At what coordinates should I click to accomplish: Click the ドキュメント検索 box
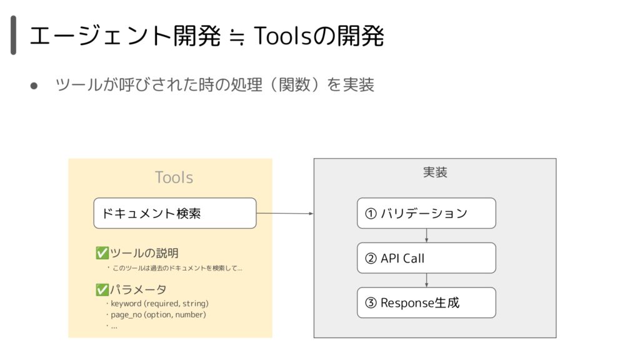(x=175, y=213)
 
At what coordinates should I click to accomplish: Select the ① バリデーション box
(x=426, y=213)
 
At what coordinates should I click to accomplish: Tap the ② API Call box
(x=426, y=258)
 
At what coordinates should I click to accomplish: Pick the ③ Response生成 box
(x=426, y=302)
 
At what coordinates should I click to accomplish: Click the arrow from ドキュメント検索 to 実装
(x=285, y=214)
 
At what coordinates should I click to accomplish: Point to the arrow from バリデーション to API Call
(x=426, y=236)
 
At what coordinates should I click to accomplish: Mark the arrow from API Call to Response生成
(x=426, y=281)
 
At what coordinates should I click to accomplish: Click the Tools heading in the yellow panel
(x=174, y=177)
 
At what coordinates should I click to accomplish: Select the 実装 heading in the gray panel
(x=435, y=172)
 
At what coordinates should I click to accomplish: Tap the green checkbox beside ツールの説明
(x=102, y=253)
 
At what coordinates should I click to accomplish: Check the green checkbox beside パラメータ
(x=102, y=289)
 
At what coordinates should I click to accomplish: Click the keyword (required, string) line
(x=159, y=304)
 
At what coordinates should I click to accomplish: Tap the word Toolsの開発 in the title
(x=319, y=36)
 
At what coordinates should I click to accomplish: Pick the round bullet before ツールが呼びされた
(x=34, y=86)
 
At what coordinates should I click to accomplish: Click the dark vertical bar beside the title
(x=14, y=35)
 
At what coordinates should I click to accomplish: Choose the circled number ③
(x=371, y=303)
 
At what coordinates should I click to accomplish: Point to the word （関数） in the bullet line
(x=293, y=85)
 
